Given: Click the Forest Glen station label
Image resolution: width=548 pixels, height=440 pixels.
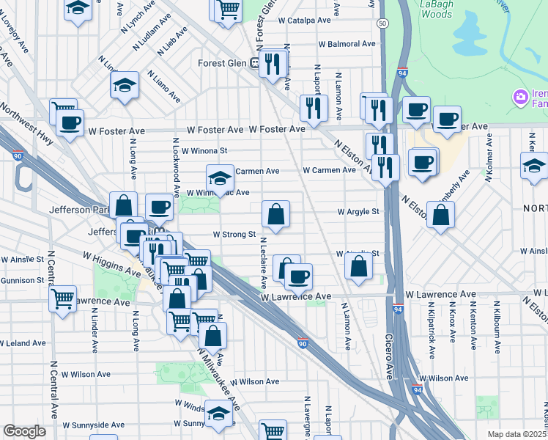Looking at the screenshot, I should [x=224, y=63].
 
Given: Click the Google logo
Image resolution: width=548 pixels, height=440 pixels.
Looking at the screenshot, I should [x=24, y=431].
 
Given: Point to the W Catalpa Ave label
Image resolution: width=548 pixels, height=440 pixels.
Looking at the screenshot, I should [x=306, y=21].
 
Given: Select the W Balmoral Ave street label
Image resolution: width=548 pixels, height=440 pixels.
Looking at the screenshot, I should [x=347, y=44].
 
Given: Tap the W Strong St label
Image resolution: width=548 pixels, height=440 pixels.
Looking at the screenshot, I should [x=234, y=235].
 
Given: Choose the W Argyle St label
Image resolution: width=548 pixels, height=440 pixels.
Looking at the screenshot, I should [x=358, y=212].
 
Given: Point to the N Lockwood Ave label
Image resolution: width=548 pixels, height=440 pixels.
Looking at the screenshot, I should [x=177, y=168].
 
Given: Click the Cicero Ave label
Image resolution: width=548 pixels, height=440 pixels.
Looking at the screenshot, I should [x=389, y=357].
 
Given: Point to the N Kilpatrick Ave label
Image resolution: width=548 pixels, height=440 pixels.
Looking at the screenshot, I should [x=432, y=338].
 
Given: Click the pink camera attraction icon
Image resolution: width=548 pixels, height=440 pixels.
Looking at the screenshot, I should [x=521, y=96].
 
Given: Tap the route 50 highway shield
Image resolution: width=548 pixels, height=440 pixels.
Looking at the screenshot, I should [x=382, y=23].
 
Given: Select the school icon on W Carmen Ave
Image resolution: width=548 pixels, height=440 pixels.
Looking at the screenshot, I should [x=220, y=177].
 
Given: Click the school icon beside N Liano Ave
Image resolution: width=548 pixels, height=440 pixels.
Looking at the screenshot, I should [x=125, y=85].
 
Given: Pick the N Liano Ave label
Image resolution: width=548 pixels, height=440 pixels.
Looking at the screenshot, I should [x=164, y=86].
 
